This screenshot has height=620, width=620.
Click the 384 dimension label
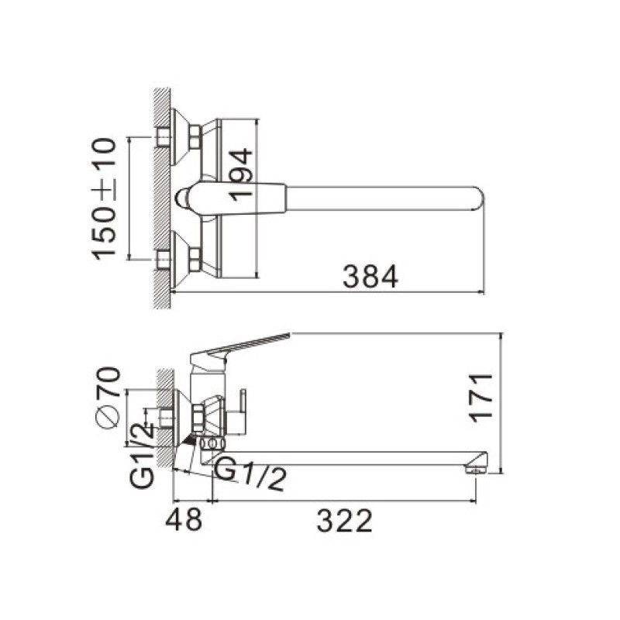(370, 277)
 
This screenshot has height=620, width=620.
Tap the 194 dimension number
(241, 174)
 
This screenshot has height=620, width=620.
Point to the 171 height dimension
(480, 398)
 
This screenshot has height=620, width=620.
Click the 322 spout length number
(344, 521)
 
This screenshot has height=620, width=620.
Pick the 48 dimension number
(184, 520)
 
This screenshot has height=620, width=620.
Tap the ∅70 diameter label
(108, 398)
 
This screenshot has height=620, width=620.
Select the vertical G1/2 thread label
(142, 456)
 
